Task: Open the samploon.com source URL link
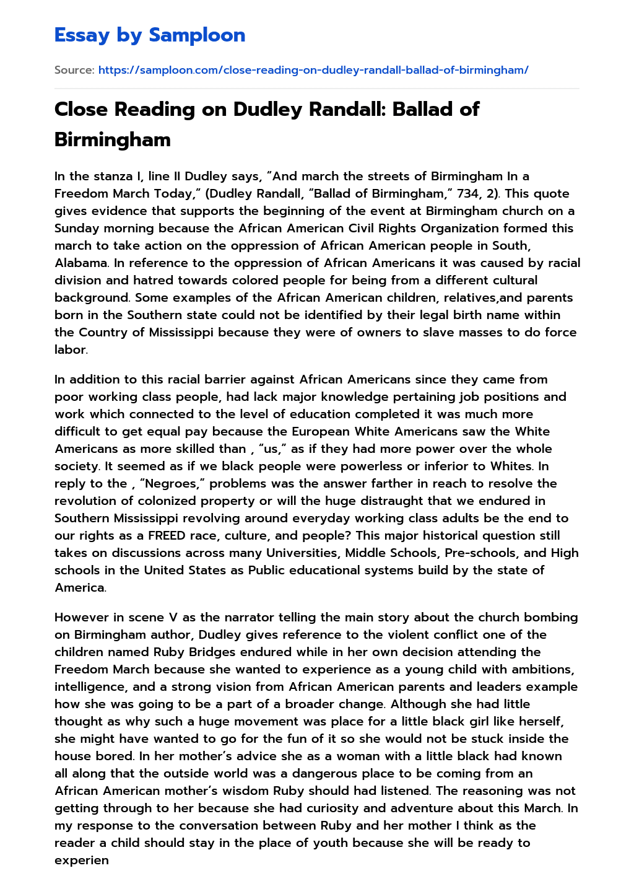click(313, 70)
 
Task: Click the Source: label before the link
click(74, 70)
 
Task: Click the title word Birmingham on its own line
click(113, 139)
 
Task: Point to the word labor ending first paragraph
click(70, 349)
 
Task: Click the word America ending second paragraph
click(79, 587)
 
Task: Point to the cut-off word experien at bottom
click(82, 860)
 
